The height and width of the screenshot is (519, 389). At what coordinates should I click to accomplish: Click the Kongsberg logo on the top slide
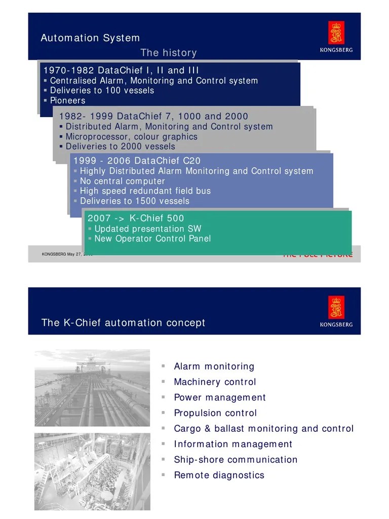tap(336, 36)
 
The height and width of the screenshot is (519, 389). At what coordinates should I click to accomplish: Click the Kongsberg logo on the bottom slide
tap(336, 311)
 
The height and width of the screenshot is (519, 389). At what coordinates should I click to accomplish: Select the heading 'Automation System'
tap(90, 38)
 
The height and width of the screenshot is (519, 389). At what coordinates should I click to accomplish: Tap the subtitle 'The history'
tap(168, 53)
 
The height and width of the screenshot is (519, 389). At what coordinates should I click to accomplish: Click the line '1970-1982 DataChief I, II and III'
tap(121, 70)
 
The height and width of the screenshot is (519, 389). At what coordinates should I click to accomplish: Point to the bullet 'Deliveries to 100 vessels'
tap(102, 91)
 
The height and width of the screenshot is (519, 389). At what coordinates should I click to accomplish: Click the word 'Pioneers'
tap(67, 101)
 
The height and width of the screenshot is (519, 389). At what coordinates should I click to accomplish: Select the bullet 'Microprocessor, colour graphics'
tap(131, 137)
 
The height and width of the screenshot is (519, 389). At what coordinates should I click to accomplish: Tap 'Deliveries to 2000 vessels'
tap(120, 146)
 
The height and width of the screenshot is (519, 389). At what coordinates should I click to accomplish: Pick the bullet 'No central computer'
tap(122, 181)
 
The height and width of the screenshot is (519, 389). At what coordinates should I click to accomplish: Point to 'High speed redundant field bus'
tap(145, 191)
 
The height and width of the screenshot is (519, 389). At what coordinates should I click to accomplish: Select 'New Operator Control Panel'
tap(152, 239)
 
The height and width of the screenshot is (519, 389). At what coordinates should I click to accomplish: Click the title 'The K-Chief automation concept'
tap(123, 323)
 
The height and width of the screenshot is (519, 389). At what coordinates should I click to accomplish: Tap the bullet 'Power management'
tap(219, 398)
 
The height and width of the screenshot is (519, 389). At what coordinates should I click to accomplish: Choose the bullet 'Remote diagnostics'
tap(219, 475)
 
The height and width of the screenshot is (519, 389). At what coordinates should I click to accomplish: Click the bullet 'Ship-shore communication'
tap(236, 460)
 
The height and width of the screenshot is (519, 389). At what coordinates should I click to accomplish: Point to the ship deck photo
tap(92, 388)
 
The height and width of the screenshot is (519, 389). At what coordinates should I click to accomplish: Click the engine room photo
tap(92, 471)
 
